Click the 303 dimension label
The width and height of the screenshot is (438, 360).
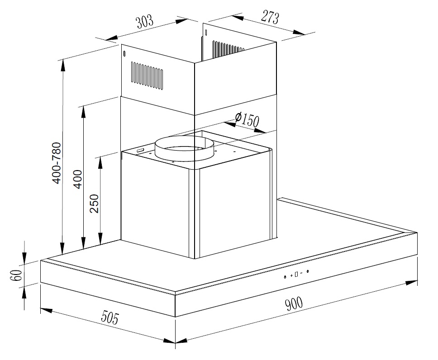[x=145, y=22]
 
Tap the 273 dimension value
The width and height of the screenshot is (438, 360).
[x=270, y=17]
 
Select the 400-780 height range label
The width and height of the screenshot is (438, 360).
[x=57, y=163]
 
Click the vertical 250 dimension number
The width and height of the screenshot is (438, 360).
[x=95, y=204]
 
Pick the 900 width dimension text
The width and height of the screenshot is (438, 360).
[x=294, y=304]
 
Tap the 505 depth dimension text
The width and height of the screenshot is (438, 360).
[x=110, y=317]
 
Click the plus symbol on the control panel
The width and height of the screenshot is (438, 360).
[x=291, y=275]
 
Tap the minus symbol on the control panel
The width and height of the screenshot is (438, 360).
[x=301, y=273]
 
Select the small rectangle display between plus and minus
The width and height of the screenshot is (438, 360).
[x=296, y=274]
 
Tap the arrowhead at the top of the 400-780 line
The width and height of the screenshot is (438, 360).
[x=63, y=65]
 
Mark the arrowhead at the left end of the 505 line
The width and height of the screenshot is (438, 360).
[x=46, y=310]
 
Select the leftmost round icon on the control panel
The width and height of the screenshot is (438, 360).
[x=285, y=277]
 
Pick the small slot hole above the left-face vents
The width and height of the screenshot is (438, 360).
[x=124, y=53]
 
